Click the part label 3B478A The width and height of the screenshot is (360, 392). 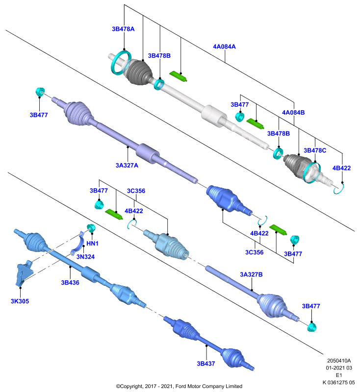coord(123,29)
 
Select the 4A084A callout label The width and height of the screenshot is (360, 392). coord(224,47)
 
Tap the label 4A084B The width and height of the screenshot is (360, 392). coord(293,113)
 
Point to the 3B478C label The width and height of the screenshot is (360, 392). coord(315,150)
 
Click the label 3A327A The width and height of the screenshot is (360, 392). coord(127,165)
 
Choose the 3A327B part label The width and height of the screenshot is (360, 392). coord(251,274)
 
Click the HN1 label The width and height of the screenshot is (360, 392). coord(92,243)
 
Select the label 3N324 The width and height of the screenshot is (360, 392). coord(85,256)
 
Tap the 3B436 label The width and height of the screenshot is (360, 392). coord(70,283)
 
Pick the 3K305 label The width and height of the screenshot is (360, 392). coord(20,301)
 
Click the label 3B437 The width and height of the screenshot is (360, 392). coord(206,364)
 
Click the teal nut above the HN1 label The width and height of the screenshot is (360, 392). coord(91,228)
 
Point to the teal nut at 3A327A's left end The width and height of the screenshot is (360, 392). coord(40,92)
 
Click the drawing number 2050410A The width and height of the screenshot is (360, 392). coord(339,361)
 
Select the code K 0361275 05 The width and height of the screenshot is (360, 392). coord(338,382)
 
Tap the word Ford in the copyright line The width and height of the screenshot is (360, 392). coord(180,386)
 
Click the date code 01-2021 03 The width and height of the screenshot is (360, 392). coord(339,368)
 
